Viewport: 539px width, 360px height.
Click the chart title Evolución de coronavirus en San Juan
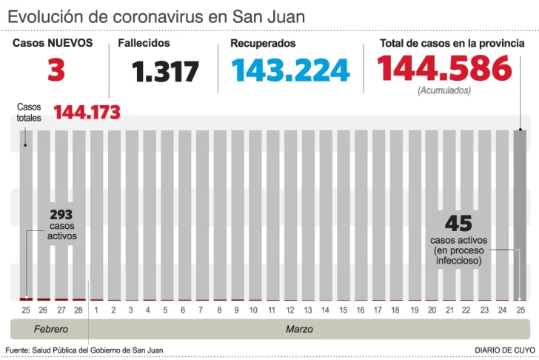(x=155, y=16)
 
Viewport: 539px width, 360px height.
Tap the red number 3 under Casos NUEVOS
(x=56, y=70)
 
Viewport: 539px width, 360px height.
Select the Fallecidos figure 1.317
(x=166, y=72)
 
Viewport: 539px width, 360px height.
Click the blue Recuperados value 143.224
(x=290, y=70)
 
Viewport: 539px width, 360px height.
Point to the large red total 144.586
(x=444, y=70)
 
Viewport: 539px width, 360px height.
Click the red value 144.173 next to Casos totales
(x=87, y=113)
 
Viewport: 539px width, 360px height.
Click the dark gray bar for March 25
(x=520, y=215)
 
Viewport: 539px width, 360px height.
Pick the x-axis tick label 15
(x=343, y=310)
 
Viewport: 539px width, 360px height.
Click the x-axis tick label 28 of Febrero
(x=79, y=310)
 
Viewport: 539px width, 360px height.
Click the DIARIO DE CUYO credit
(x=505, y=350)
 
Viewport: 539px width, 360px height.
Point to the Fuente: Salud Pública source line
(x=84, y=350)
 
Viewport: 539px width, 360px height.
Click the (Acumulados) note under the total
(x=444, y=90)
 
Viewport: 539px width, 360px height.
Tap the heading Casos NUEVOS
(x=53, y=44)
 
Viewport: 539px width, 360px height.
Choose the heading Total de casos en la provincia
(x=452, y=44)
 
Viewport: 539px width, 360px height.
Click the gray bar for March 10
(x=254, y=215)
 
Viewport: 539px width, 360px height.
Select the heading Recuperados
(x=263, y=44)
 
